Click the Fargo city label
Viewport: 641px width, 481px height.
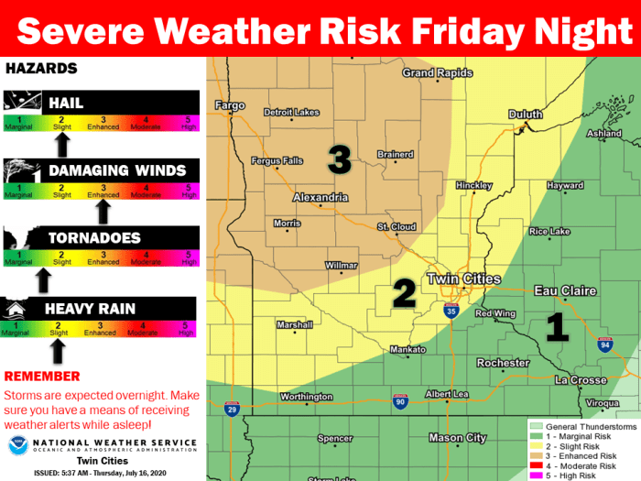pyautogui.click(x=230, y=105)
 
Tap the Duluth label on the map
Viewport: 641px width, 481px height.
pyautogui.click(x=526, y=115)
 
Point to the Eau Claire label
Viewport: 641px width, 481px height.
pyautogui.click(x=565, y=290)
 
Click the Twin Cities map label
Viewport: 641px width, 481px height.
pyautogui.click(x=463, y=279)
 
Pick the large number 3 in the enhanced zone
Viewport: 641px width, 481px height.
pyautogui.click(x=340, y=161)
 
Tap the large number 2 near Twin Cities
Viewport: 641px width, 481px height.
pyautogui.click(x=404, y=293)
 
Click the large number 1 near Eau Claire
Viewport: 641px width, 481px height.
pyautogui.click(x=555, y=326)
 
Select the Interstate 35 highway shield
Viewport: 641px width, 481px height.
pyautogui.click(x=452, y=312)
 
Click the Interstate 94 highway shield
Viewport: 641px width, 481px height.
pyautogui.click(x=604, y=345)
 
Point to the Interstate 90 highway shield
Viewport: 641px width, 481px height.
pyautogui.click(x=399, y=400)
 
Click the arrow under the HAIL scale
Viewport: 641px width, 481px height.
pyautogui.click(x=62, y=144)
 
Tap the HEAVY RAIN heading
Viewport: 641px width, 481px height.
pyautogui.click(x=91, y=310)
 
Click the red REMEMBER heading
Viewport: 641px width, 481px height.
pyautogui.click(x=42, y=376)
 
